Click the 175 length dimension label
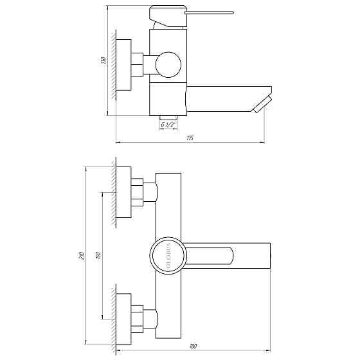[x=191, y=138]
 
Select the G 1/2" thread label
[x=168, y=125]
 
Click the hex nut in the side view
[x=138, y=66]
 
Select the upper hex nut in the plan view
[x=138, y=192]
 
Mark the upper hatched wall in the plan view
[x=112, y=192]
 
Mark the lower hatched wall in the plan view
[x=112, y=319]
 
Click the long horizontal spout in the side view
[x=219, y=100]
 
